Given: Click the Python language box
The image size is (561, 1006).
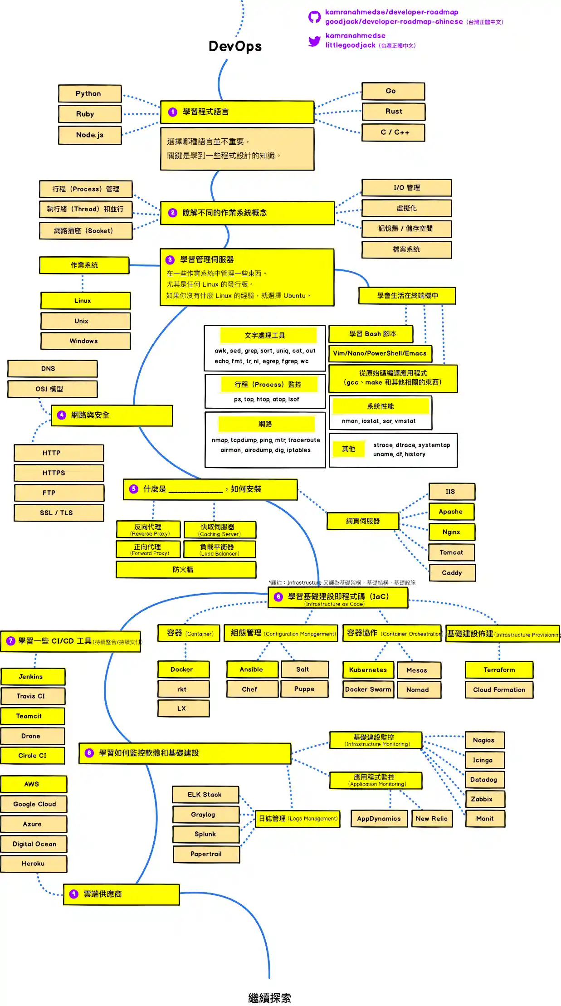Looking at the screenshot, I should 90,93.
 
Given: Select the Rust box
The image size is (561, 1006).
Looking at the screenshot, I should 393,112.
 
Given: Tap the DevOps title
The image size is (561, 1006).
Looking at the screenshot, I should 235,46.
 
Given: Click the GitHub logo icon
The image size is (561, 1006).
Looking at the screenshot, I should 314,17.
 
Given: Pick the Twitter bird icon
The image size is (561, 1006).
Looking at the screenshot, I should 314,41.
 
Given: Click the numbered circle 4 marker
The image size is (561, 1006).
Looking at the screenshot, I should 62,415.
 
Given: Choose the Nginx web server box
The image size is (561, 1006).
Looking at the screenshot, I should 452,532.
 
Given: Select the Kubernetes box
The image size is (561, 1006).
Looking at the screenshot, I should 368,670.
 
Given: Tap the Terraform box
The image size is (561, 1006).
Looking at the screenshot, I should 499,670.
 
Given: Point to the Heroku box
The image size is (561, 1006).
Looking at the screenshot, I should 34,864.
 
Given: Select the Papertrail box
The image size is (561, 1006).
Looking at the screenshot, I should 206,854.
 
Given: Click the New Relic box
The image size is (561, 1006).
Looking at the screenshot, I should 432,819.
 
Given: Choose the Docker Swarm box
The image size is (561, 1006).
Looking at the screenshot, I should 368,689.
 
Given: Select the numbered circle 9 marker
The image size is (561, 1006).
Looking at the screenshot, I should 74,894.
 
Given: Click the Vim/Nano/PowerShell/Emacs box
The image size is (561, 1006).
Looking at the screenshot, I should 380,353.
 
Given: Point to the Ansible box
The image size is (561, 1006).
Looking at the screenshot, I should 252,669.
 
